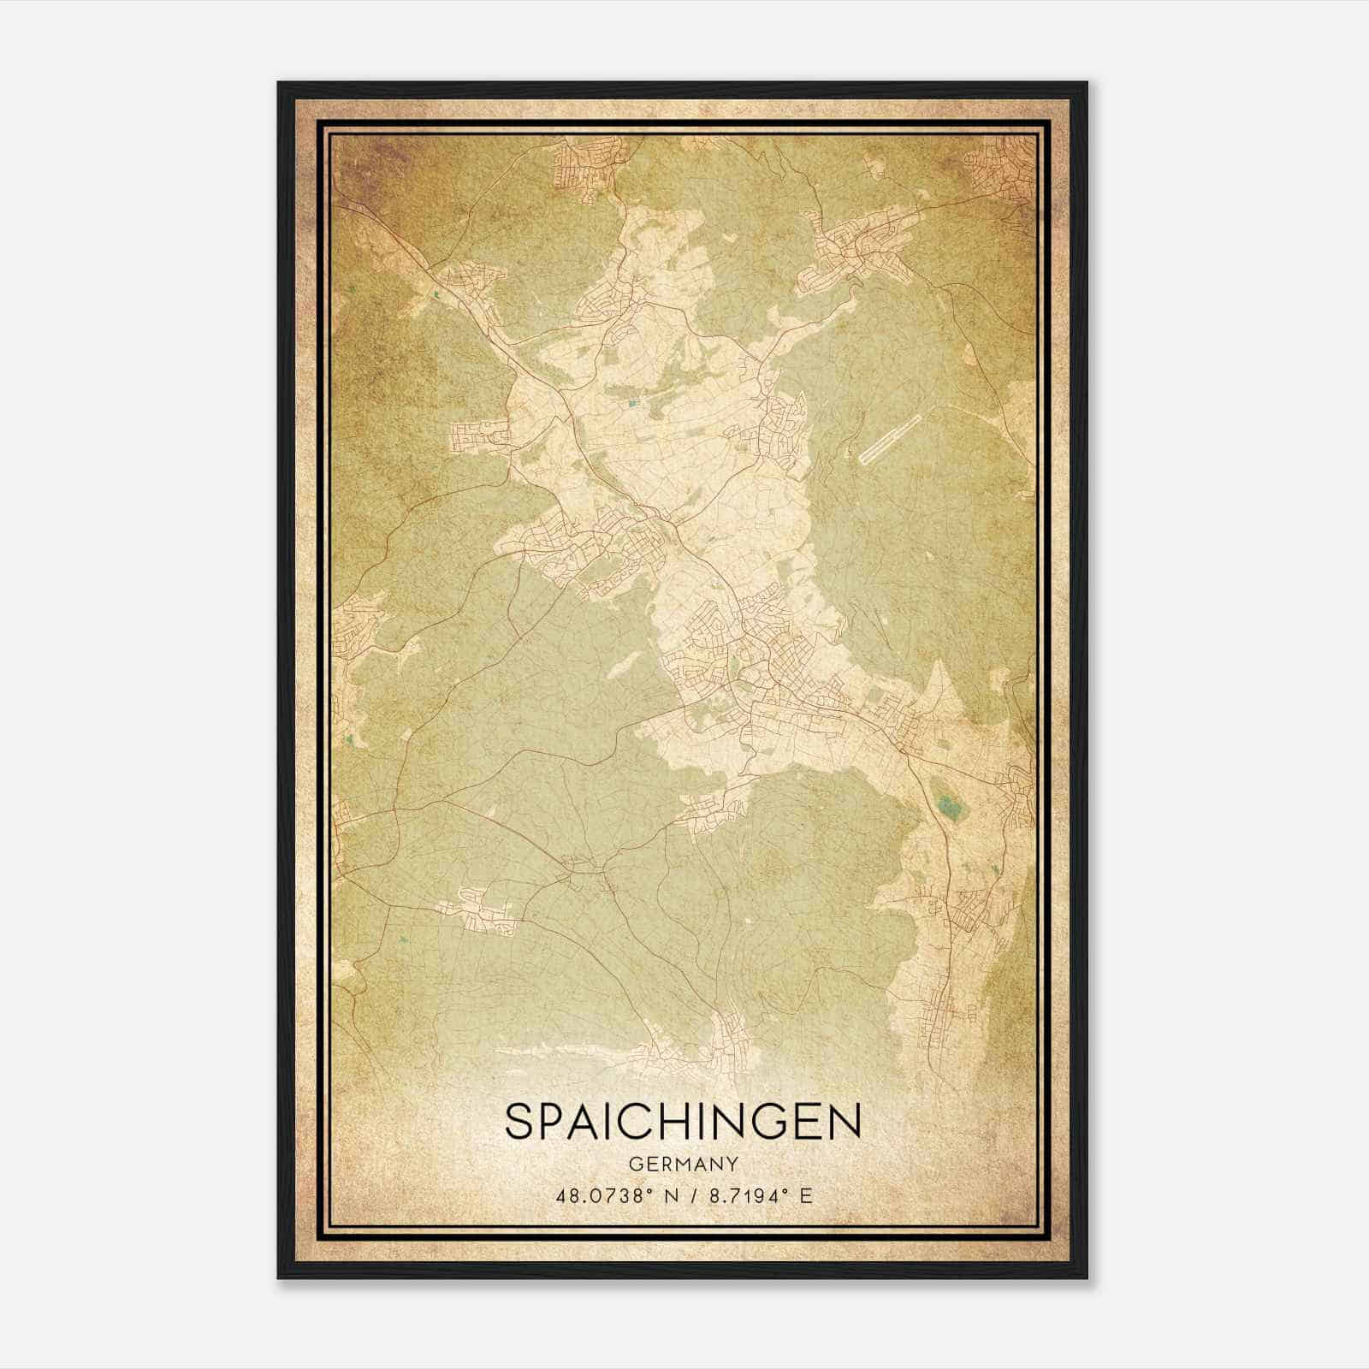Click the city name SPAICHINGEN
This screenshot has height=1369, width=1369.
[x=683, y=1122]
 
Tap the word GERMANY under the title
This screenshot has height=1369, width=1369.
[x=683, y=1164]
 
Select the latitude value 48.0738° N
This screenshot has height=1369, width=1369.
[x=615, y=1196]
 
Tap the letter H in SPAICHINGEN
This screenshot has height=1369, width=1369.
[x=691, y=1122]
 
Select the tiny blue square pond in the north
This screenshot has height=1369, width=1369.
[x=632, y=400]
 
